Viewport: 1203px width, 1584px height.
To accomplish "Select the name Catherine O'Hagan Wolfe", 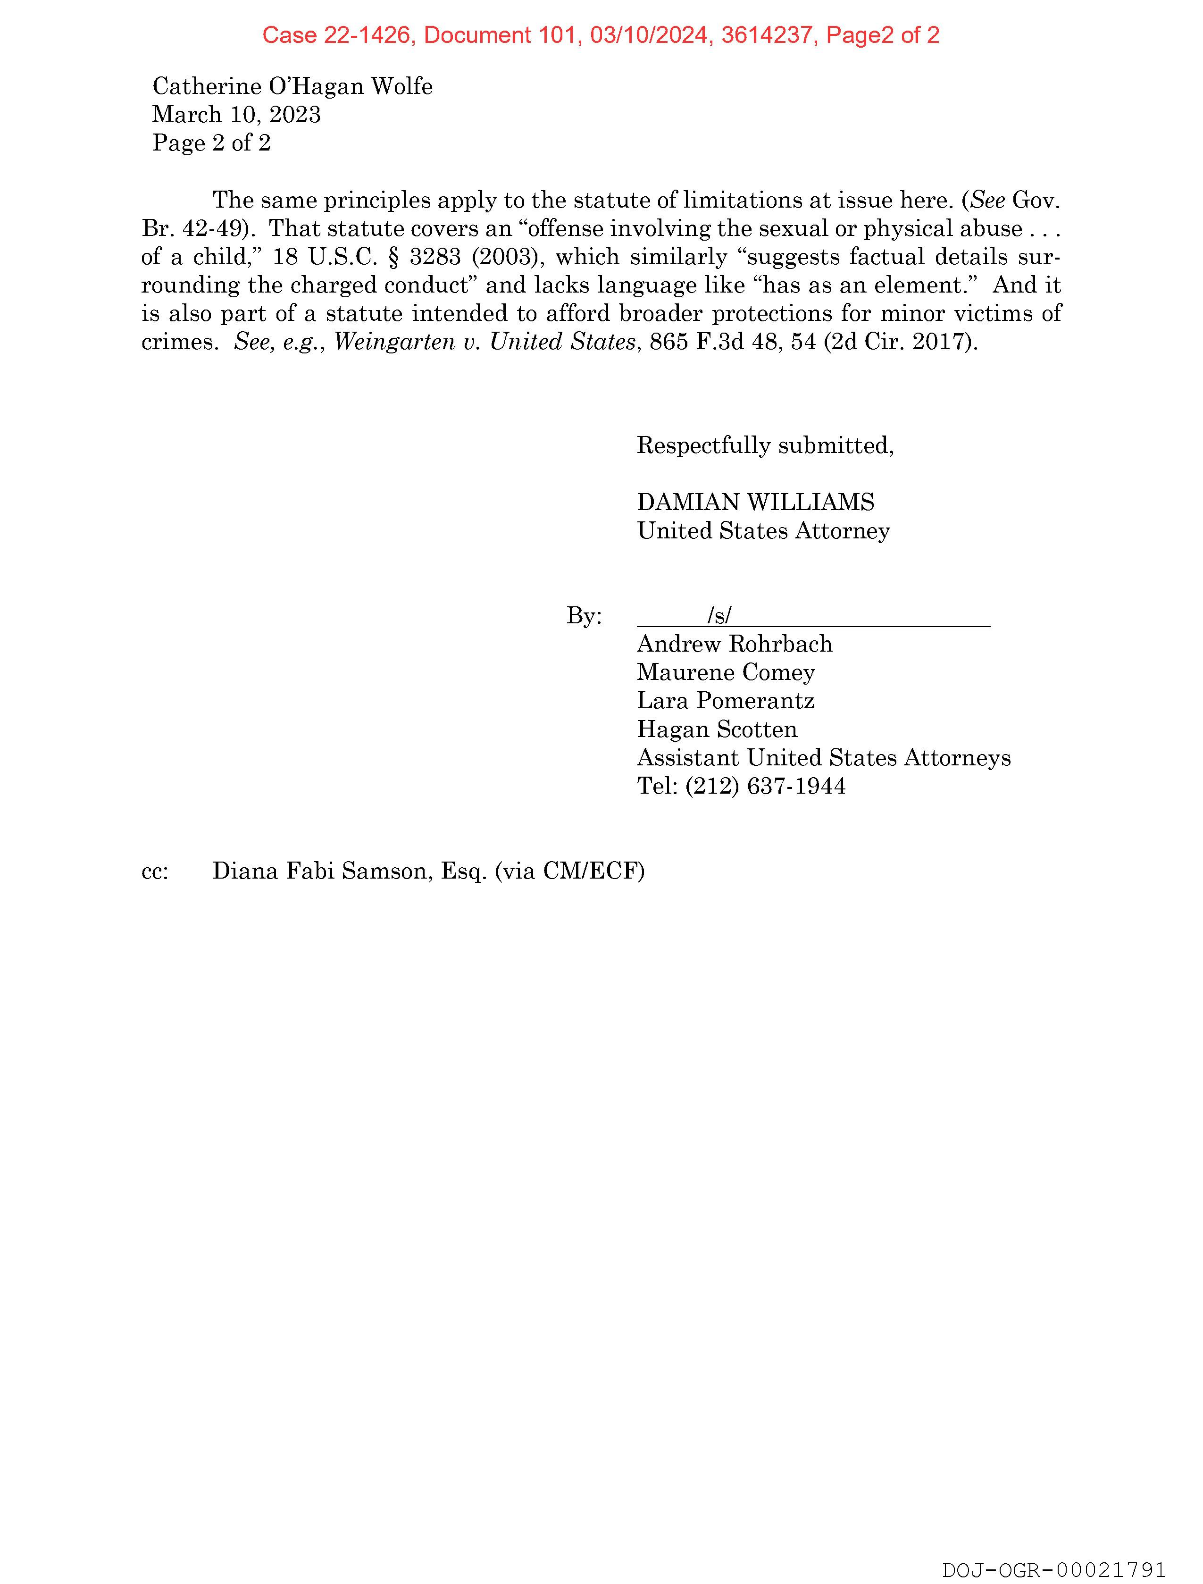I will point(292,87).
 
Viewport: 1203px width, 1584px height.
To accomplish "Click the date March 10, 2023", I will point(236,115).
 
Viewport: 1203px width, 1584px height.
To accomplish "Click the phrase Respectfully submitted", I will point(765,445).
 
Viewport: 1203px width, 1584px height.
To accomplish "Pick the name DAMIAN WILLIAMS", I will point(755,502).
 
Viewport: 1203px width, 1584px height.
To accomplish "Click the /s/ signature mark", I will point(719,615).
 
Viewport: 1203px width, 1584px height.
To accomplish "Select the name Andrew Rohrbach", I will point(735,644).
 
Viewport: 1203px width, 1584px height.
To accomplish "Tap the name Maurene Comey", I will point(726,672).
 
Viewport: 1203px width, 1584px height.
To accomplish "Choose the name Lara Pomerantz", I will point(726,700).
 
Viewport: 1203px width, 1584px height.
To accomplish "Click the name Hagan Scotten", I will point(717,729).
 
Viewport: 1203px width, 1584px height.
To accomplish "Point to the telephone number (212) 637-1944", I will point(765,786).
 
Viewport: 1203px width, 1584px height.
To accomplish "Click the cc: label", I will point(155,872).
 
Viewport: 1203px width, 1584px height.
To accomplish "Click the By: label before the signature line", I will point(584,616).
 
